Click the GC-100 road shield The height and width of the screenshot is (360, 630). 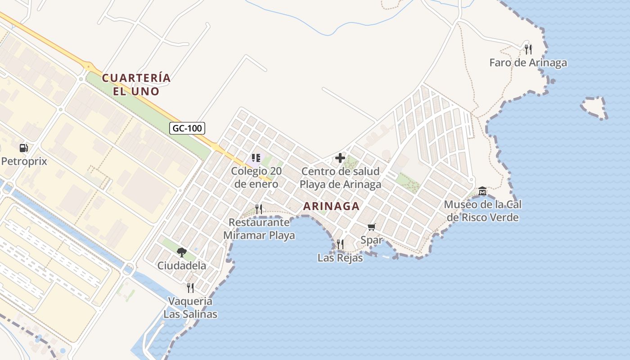click(x=188, y=128)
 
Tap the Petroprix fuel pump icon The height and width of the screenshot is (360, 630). click(x=23, y=148)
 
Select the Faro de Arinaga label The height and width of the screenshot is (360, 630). click(x=528, y=63)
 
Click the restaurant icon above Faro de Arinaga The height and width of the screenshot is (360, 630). click(x=528, y=49)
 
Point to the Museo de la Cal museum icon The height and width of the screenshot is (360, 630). click(x=482, y=191)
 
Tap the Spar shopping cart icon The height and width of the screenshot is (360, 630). click(x=371, y=227)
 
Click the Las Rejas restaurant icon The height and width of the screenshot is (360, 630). click(x=340, y=244)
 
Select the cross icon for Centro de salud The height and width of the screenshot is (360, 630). click(x=340, y=158)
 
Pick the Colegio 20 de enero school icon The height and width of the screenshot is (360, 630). click(x=256, y=158)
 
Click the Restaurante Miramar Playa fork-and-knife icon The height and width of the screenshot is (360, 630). click(x=259, y=209)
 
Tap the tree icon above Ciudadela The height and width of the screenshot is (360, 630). click(x=181, y=252)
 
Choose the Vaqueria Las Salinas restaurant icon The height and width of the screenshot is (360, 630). click(x=190, y=288)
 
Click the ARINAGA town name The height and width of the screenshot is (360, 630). click(x=331, y=206)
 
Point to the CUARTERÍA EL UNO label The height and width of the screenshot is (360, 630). click(x=136, y=85)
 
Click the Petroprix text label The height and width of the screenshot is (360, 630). click(x=24, y=161)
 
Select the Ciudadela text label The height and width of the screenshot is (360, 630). click(x=181, y=265)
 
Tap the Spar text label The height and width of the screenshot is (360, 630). click(x=371, y=240)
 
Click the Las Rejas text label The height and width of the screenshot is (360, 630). click(x=340, y=258)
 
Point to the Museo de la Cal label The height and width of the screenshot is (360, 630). click(x=482, y=211)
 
